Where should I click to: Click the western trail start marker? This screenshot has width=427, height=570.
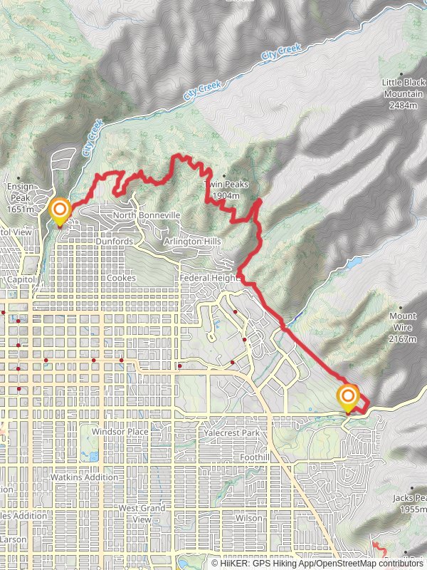point(60,211)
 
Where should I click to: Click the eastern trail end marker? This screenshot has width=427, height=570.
point(348,398)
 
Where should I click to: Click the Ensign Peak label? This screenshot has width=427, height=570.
point(20,197)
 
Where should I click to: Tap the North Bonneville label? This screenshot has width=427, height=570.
point(147,215)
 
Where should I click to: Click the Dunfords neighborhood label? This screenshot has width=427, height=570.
point(114,242)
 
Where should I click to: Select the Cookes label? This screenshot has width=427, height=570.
point(120,277)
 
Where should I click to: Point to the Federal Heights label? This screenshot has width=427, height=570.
point(209,277)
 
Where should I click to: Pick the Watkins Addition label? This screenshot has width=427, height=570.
point(84,477)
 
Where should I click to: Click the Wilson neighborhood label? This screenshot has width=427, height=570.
point(249,519)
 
